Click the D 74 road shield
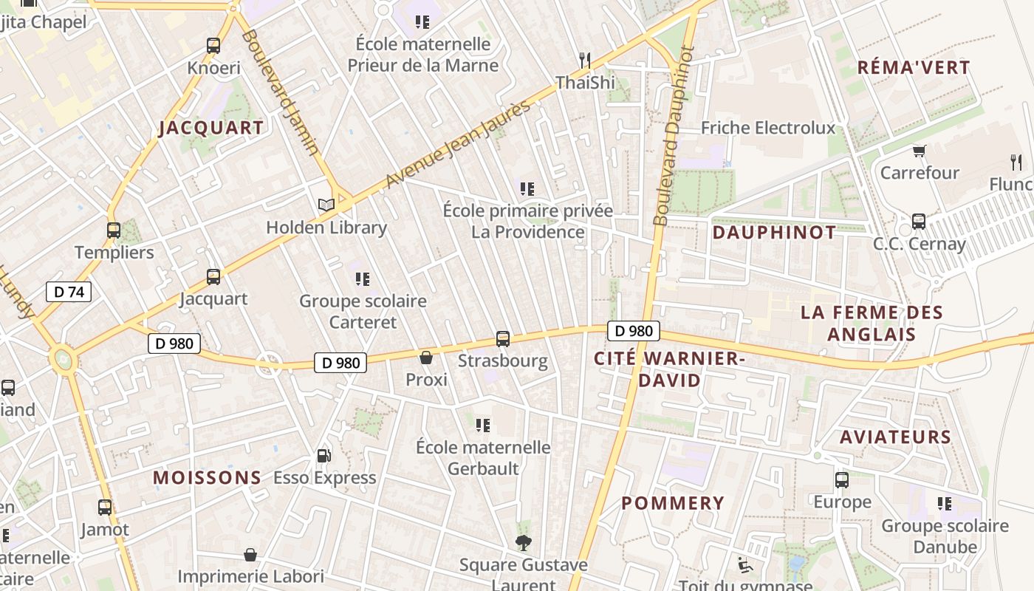pos(69,292)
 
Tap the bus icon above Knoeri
pos(213,46)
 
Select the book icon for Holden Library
pos(326,205)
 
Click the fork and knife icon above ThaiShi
pos(585,60)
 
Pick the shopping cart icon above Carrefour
pos(920,151)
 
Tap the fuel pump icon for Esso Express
pos(323,456)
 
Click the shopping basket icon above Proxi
pos(426,358)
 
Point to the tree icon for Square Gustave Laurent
pos(523,543)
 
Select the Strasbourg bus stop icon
pos(503,339)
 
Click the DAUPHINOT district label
pos(774,233)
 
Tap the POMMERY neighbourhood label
pos(673,503)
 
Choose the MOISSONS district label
pos(208,478)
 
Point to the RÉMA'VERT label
pos(914,68)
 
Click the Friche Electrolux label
pos(768,128)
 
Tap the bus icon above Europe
pos(842,480)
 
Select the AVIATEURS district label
pos(896,437)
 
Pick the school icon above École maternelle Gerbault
pos(483,425)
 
